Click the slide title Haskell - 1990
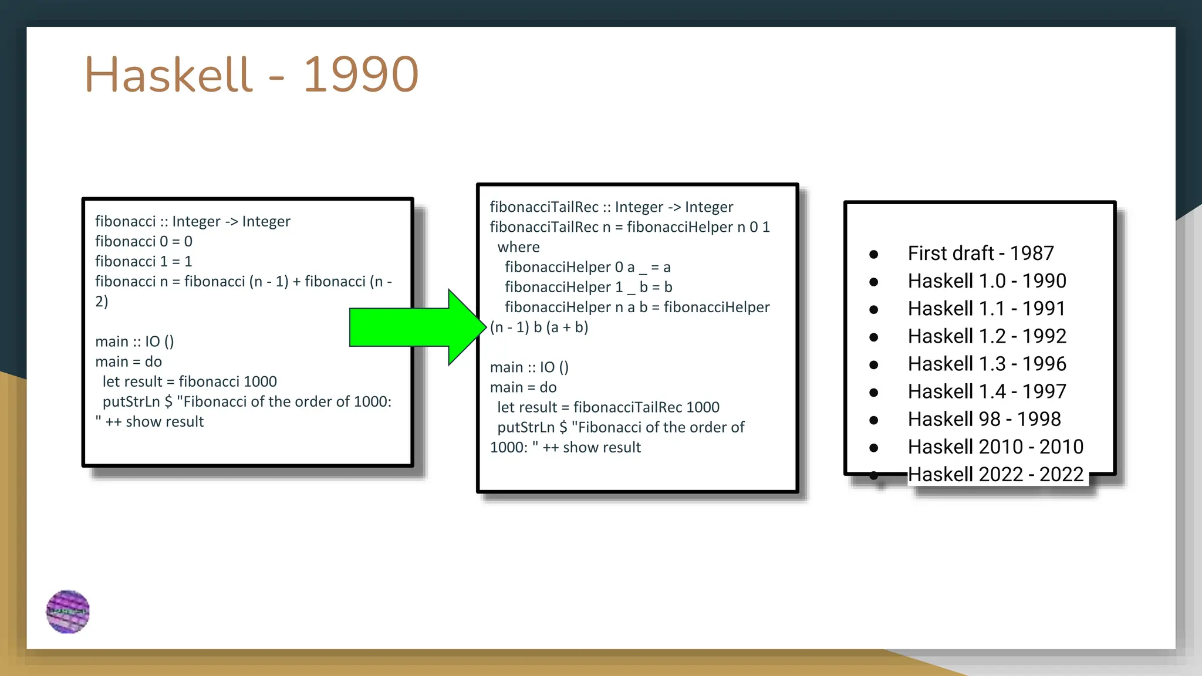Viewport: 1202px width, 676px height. (x=251, y=75)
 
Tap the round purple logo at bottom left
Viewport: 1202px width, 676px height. (x=68, y=611)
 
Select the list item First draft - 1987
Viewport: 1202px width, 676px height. (x=980, y=253)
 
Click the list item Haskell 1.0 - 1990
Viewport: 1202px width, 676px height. (x=986, y=281)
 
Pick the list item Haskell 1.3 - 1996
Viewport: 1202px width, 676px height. (x=986, y=364)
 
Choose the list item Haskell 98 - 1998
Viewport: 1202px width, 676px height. (x=984, y=419)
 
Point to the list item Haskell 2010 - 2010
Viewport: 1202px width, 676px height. (x=995, y=447)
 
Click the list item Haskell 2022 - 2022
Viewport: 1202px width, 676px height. (x=995, y=474)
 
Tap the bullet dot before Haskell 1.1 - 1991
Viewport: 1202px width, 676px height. (x=873, y=309)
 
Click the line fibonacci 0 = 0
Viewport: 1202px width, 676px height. (x=144, y=241)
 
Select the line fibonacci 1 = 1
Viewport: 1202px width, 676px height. (x=144, y=261)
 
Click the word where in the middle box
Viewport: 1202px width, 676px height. (x=518, y=247)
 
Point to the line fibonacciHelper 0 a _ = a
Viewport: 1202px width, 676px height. (x=587, y=267)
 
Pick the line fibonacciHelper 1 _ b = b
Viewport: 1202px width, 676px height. (x=588, y=287)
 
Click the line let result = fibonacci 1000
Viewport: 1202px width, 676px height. (x=190, y=381)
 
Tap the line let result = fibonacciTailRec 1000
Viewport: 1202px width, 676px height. (x=608, y=407)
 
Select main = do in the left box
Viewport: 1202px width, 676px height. (x=129, y=361)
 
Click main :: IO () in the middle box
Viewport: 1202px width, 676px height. (x=529, y=367)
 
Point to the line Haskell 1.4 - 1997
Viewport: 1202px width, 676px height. (x=986, y=391)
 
